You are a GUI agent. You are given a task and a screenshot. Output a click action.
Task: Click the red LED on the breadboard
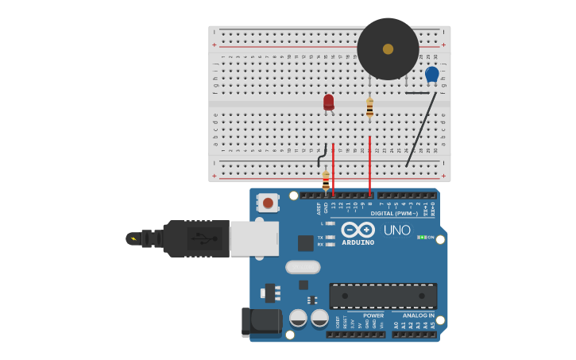point(328,102)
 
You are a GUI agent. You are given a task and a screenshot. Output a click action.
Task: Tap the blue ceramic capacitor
point(431,74)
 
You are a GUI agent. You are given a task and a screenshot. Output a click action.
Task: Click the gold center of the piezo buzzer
point(388,49)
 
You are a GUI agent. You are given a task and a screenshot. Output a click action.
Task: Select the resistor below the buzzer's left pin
point(369,107)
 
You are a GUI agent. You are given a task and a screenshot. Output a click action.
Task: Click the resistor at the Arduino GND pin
point(326,180)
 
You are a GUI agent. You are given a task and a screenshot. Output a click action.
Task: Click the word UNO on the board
point(397,230)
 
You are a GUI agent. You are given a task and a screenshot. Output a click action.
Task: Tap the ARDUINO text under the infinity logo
point(358,242)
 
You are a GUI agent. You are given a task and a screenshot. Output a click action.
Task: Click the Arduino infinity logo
point(358,230)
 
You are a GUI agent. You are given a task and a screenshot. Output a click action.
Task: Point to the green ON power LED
point(423,237)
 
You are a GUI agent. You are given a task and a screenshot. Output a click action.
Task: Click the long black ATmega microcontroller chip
point(383,296)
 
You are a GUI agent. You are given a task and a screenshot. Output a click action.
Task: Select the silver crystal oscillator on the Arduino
point(303,267)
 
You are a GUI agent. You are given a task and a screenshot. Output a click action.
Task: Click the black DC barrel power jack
point(262,322)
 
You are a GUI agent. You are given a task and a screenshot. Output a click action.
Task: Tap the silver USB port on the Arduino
point(254,238)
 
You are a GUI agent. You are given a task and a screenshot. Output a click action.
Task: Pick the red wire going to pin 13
point(333,168)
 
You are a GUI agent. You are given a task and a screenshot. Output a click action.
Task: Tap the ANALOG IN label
point(418,315)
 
